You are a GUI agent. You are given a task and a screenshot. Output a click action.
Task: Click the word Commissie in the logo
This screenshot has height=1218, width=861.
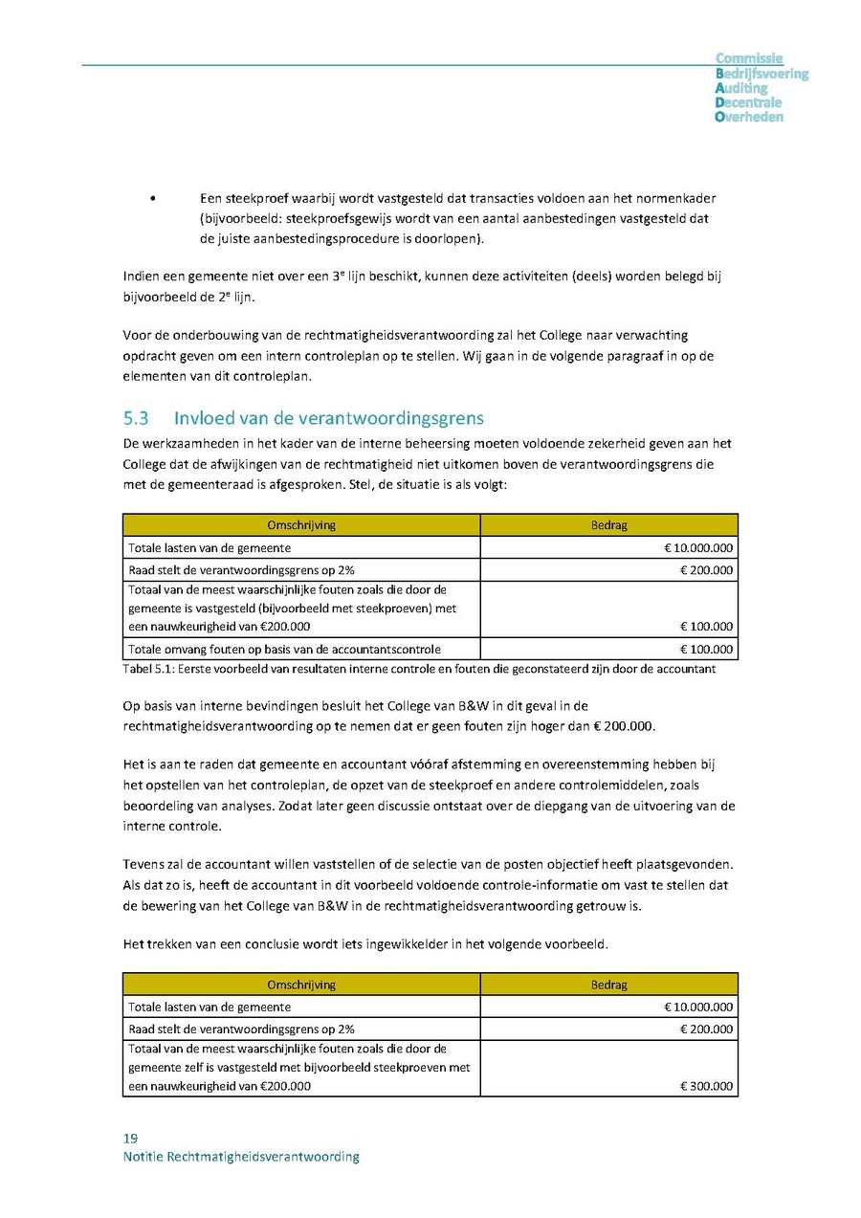749,58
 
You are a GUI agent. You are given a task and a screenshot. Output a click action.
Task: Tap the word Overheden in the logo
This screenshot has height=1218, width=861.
749,117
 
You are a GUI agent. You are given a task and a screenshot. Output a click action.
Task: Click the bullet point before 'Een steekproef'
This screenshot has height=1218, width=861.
153,198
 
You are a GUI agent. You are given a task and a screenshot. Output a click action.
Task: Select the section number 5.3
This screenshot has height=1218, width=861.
138,418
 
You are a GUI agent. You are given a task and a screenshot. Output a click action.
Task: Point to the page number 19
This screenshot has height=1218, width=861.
130,1138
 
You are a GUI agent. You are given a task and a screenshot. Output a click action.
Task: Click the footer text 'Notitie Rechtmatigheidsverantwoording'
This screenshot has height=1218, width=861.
241,1156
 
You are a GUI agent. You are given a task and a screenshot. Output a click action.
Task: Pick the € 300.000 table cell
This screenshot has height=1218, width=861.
706,1086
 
